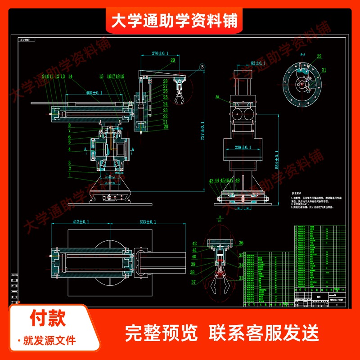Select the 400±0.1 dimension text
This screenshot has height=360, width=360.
click(x=94, y=92)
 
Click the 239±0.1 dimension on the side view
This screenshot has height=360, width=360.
click(x=246, y=147)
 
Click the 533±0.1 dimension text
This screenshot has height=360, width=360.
click(x=148, y=222)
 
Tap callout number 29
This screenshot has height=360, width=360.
click(x=172, y=60)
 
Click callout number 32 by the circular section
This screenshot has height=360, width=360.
click(x=319, y=56)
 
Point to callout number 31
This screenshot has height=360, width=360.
click(x=324, y=69)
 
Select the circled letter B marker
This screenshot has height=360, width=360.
click(x=202, y=67)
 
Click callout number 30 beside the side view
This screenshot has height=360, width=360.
click(x=217, y=97)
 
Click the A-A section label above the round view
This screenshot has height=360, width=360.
click(x=303, y=53)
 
